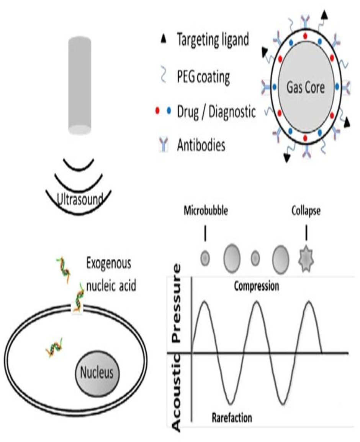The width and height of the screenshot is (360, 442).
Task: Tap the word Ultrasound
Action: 80,199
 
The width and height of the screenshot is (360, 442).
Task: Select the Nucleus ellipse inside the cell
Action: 97,372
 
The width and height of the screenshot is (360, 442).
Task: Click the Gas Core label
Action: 306,88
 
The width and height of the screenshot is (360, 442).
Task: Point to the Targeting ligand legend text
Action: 213,39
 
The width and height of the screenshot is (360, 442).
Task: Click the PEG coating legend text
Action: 203,77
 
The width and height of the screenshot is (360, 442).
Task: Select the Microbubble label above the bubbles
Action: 206,211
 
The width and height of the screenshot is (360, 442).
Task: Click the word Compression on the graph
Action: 257,286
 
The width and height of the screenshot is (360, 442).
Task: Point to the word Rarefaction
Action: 232,417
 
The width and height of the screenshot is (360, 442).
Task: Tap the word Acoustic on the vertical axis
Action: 176,393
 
